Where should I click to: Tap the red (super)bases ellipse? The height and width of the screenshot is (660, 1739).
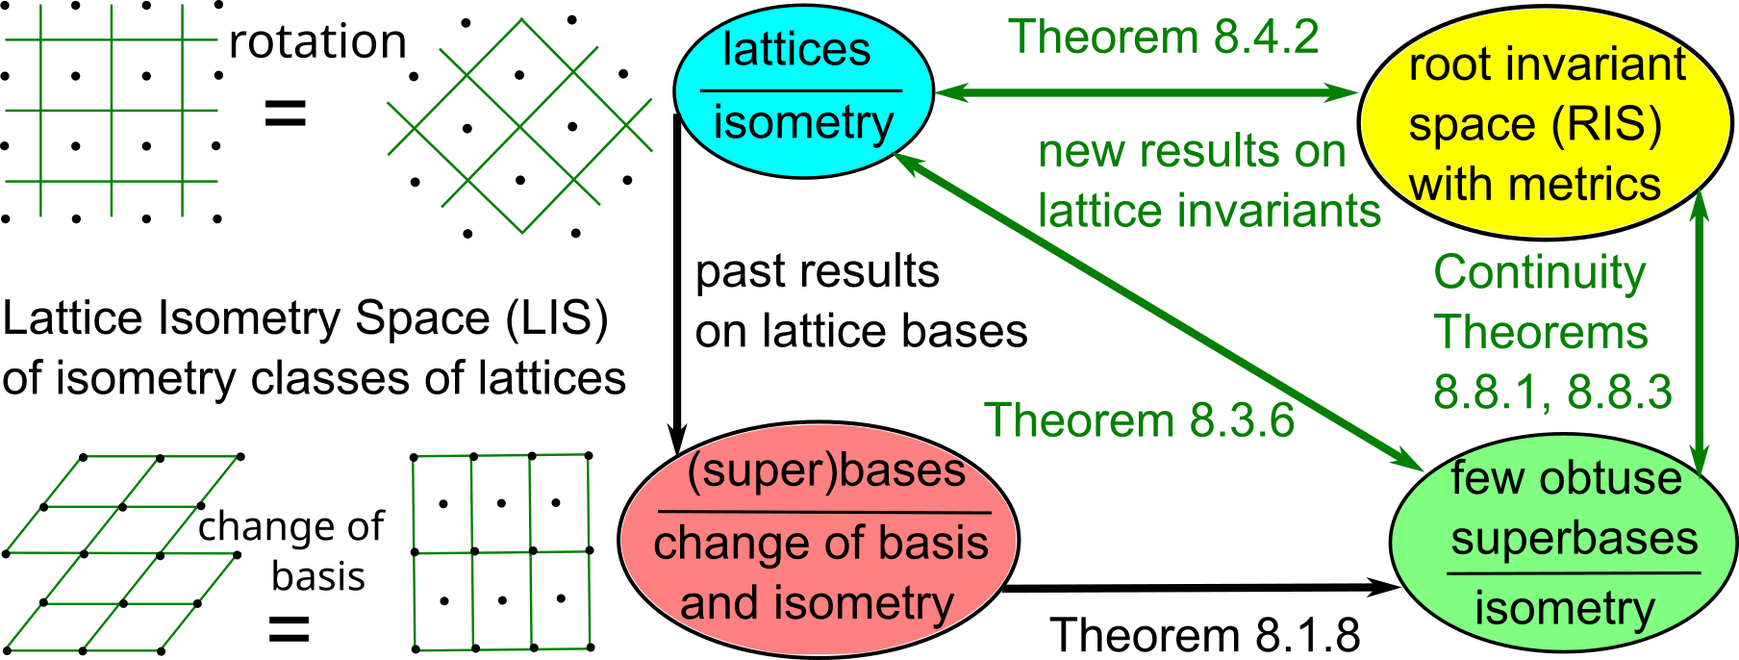click(818, 539)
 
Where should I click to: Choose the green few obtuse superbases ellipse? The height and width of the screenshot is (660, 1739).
click(1564, 544)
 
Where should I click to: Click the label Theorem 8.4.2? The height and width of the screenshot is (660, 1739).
click(1163, 38)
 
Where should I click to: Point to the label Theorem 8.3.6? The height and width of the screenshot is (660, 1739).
click(1140, 420)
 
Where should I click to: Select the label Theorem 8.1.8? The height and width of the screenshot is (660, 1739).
click(1204, 635)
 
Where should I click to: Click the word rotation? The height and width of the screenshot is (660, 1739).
click(317, 41)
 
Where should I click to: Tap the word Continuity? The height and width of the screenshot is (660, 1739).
click(1540, 272)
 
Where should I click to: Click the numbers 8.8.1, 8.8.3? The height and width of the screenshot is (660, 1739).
click(1552, 392)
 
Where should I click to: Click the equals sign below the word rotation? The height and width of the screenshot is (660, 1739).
click(286, 115)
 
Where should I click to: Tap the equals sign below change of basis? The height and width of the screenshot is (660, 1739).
click(288, 630)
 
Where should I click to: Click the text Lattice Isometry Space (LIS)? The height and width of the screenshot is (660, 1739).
click(305, 318)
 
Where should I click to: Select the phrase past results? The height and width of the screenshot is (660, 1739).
click(817, 272)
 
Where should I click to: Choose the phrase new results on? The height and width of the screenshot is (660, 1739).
click(1191, 152)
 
